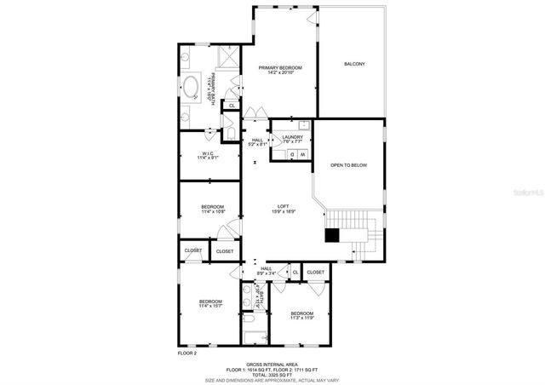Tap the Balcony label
click(354, 64)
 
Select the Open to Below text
click(349, 164)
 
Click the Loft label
click(284, 206)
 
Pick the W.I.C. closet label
click(208, 153)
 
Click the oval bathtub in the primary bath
click(190, 86)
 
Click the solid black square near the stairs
click(332, 234)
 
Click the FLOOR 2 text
click(186, 353)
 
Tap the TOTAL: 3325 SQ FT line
click(272, 374)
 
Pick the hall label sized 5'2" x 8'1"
click(257, 143)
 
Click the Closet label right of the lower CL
click(315, 272)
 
